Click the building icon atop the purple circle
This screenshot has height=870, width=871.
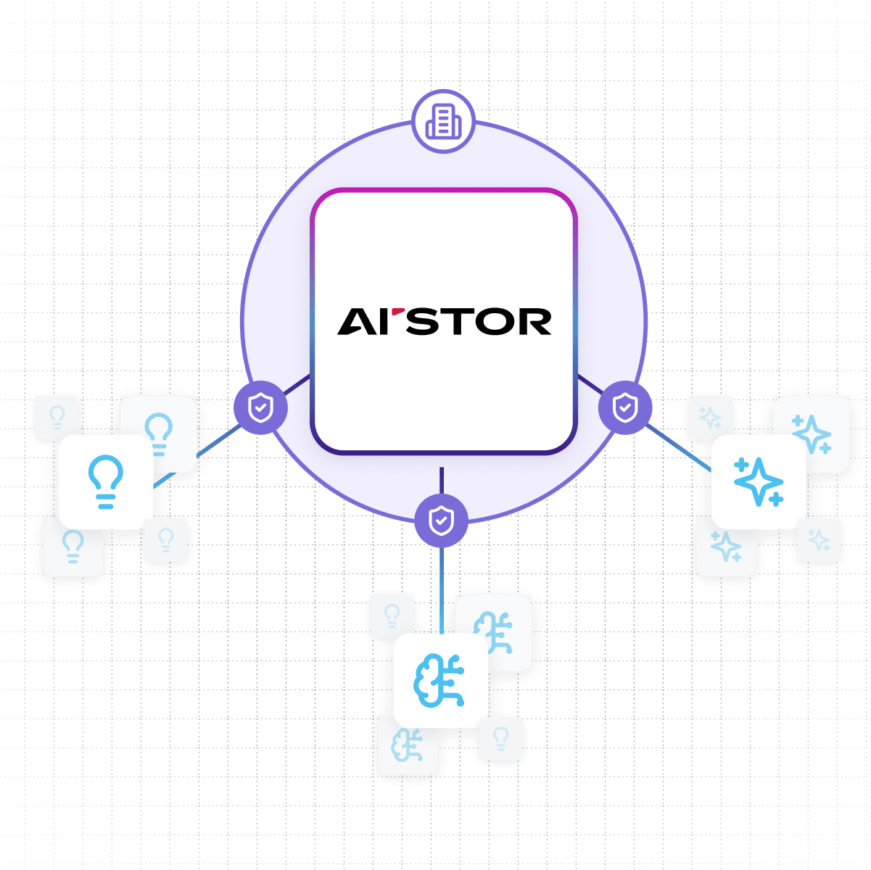(x=443, y=120)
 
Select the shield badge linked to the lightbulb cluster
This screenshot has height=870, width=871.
(x=260, y=407)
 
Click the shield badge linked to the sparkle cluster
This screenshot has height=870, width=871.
(x=625, y=407)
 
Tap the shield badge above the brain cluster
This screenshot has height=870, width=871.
(x=442, y=521)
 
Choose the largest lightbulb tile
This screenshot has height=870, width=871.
(x=105, y=481)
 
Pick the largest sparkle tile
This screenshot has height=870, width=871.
(x=758, y=481)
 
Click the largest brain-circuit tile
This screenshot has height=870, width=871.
(x=439, y=681)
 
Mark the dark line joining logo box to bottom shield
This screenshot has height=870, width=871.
(x=441, y=480)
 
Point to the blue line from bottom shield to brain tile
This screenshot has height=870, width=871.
(x=441, y=587)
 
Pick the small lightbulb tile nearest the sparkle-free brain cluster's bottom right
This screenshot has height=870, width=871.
(x=500, y=739)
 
